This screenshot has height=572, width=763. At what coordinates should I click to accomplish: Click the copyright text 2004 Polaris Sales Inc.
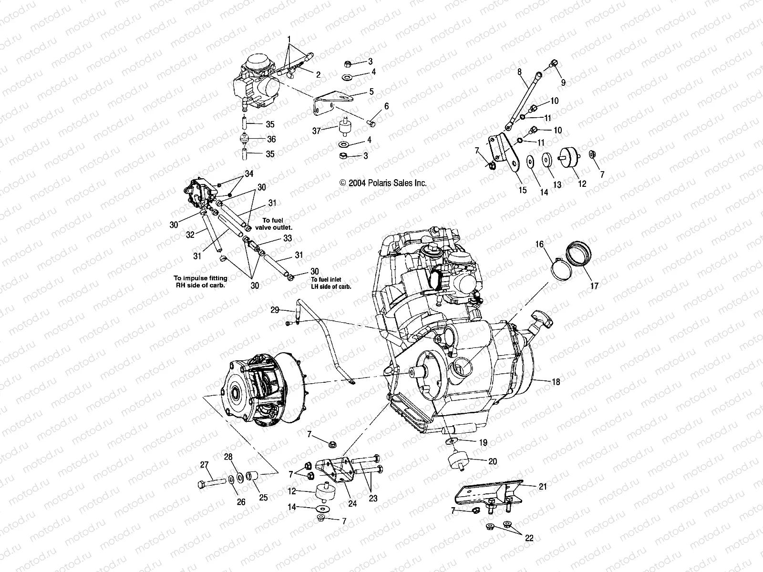383,183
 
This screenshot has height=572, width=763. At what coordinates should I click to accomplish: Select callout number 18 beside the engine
556,382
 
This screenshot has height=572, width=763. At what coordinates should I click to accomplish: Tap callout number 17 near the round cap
594,286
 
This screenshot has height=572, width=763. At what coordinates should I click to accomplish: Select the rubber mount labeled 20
458,462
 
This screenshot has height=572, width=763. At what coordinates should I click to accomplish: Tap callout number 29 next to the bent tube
275,310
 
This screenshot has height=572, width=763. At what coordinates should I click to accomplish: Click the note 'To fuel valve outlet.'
277,224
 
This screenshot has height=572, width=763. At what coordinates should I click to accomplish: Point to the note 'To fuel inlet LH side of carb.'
331,283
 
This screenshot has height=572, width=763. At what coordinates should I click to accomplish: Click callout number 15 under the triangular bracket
523,190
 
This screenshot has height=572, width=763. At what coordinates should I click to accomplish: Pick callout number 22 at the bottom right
529,538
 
